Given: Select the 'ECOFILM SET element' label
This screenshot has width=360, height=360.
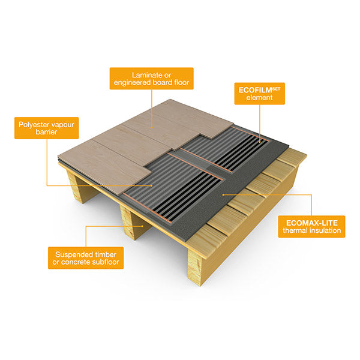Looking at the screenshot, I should pyautogui.click(x=258, y=94).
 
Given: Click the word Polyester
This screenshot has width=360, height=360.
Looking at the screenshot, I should pyautogui.click(x=31, y=123).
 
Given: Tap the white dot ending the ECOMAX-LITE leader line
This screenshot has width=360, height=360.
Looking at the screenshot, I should pyautogui.click(x=223, y=195).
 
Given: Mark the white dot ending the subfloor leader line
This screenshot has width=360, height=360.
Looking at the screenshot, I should pyautogui.click(x=142, y=226).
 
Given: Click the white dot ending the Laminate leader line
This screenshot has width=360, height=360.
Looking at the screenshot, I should pyautogui.click(x=151, y=127).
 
